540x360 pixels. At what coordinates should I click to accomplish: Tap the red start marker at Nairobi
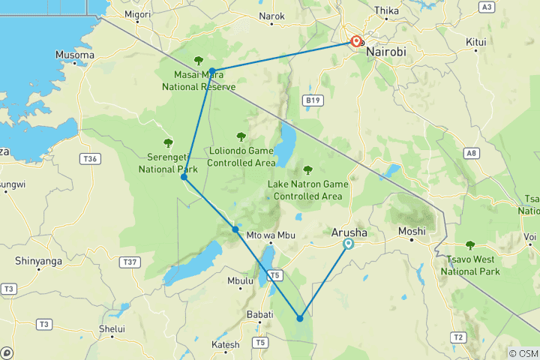[356, 42]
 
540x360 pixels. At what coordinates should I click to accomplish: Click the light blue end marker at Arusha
[348, 244]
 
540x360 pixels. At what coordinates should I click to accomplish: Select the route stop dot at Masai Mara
[212, 70]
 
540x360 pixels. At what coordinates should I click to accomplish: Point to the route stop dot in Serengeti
[184, 177]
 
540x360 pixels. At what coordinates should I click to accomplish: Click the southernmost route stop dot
[300, 318]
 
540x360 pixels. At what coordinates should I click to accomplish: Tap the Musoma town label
[75, 55]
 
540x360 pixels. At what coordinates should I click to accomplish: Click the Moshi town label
[412, 231]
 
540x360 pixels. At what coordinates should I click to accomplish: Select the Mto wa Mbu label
[268, 235]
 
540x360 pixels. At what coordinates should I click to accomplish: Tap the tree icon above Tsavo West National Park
[470, 244]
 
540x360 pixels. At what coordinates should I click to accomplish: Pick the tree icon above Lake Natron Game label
[307, 169]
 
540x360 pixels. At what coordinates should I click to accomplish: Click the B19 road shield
[312, 100]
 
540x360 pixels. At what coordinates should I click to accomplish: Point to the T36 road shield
[91, 158]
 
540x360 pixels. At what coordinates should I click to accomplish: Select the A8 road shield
[471, 153]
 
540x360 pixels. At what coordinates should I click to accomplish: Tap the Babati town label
[259, 315]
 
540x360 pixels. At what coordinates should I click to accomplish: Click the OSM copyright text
[523, 353]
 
